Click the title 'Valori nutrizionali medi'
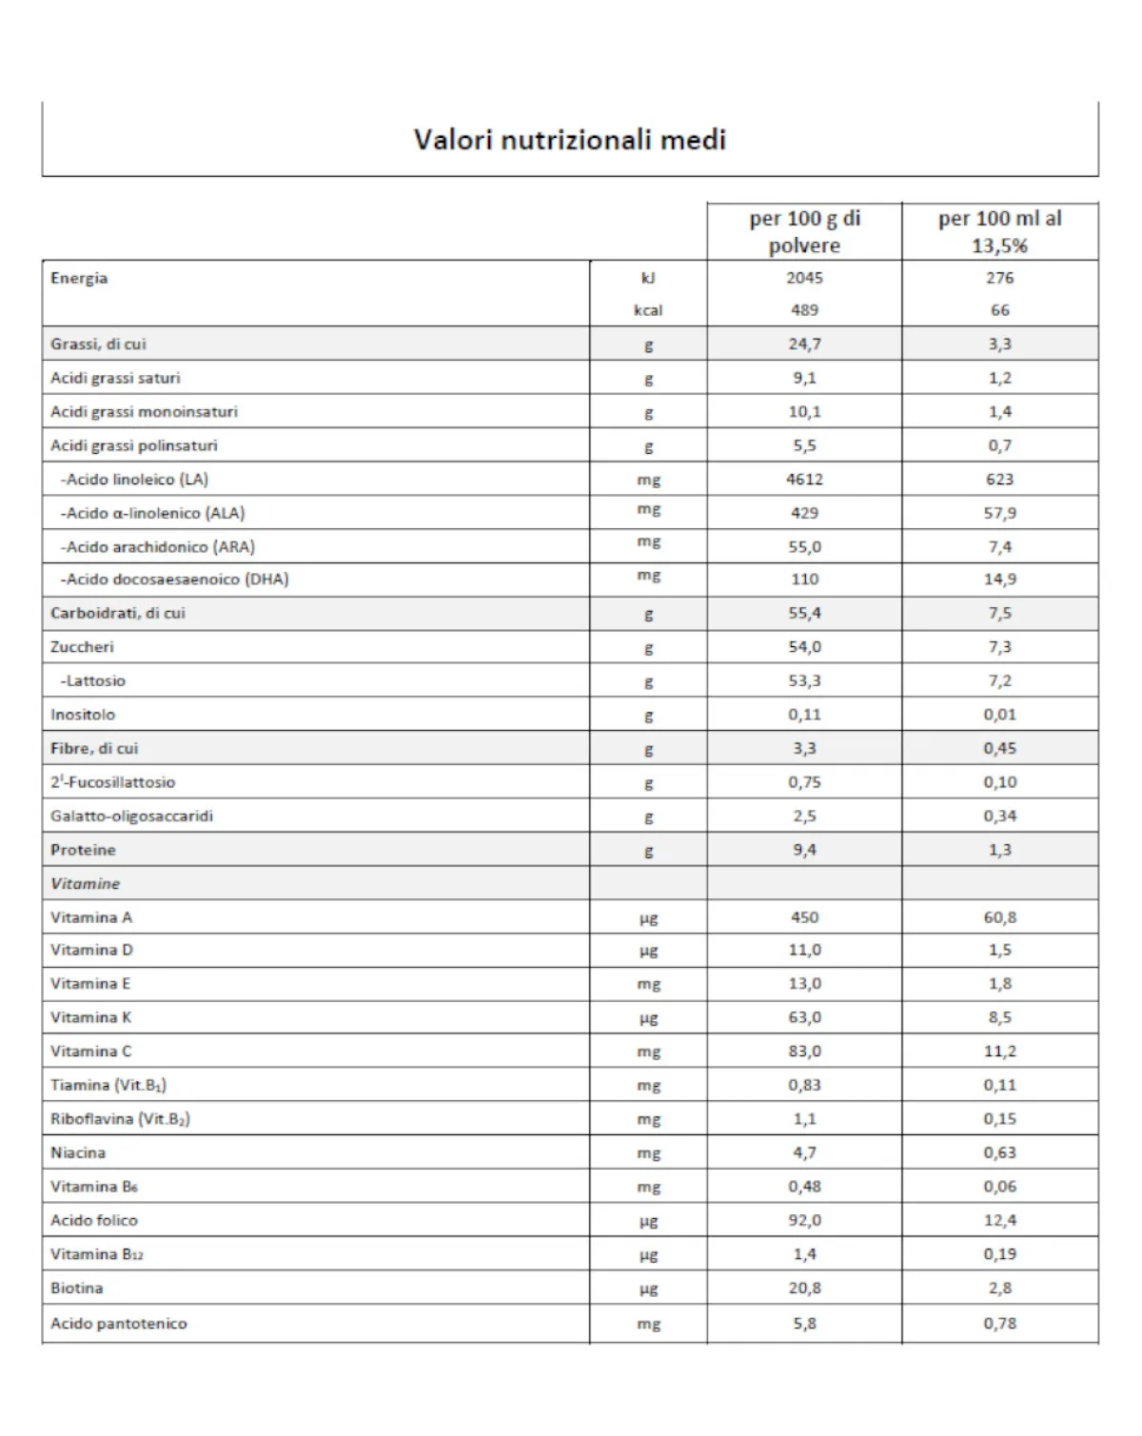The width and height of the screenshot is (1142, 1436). click(569, 140)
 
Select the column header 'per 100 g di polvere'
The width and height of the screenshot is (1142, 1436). click(804, 231)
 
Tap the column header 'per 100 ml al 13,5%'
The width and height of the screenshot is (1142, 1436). click(999, 231)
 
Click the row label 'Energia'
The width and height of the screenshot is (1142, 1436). click(79, 278)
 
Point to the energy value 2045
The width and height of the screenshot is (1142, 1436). click(804, 278)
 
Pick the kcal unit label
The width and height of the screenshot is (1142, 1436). click(648, 310)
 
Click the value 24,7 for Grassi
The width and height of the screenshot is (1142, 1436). click(804, 344)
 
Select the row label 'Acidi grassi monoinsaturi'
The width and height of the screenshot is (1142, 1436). click(144, 412)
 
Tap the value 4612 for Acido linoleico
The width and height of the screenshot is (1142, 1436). click(804, 480)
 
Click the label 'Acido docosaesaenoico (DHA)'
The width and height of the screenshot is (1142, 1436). click(174, 580)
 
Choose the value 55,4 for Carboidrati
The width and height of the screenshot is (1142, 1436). click(804, 614)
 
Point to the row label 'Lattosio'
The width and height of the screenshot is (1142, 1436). click(92, 681)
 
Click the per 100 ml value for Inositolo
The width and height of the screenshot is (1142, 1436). click(999, 715)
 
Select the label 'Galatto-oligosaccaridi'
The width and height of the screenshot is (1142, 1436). click(131, 816)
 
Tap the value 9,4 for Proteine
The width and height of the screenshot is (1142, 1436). click(804, 850)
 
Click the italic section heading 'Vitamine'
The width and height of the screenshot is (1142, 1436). click(86, 884)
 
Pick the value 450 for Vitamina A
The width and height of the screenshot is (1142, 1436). click(804, 917)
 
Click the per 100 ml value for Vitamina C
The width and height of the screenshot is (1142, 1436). click(999, 1052)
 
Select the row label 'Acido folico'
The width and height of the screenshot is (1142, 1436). click(94, 1221)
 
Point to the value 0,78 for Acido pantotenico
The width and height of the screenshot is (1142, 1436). click(999, 1324)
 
